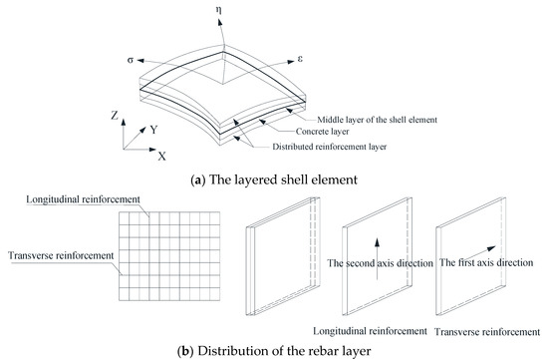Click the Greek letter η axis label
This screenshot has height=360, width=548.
pyautogui.click(x=219, y=11)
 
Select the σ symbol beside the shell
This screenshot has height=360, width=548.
pyautogui.click(x=131, y=60)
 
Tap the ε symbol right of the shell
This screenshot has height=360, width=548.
pyautogui.click(x=300, y=59)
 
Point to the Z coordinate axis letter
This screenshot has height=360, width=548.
pyautogui.click(x=115, y=115)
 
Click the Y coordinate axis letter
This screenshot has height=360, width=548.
pyautogui.click(x=154, y=130)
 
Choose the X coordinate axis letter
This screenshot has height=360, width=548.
pyautogui.click(x=161, y=156)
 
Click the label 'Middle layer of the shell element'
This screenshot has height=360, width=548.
pyautogui.click(x=377, y=120)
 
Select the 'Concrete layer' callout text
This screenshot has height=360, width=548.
pyautogui.click(x=322, y=132)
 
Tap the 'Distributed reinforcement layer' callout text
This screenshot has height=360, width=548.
pyautogui.click(x=330, y=147)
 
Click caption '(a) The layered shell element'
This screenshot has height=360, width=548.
pyautogui.click(x=274, y=180)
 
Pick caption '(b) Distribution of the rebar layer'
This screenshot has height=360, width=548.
pyautogui.click(x=274, y=351)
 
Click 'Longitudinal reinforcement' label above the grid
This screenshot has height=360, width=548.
pyautogui.click(x=83, y=199)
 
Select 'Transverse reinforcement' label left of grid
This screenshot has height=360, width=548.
pyautogui.click(x=61, y=255)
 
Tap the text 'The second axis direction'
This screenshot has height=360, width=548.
pyautogui.click(x=381, y=263)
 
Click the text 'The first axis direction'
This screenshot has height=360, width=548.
pyautogui.click(x=486, y=262)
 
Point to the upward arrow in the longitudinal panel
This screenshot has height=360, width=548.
pyautogui.click(x=377, y=259)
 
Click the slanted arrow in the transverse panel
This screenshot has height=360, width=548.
pyautogui.click(x=482, y=252)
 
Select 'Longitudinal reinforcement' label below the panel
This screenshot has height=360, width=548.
pyautogui.click(x=370, y=331)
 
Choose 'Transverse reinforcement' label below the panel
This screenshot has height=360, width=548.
pyautogui.click(x=487, y=332)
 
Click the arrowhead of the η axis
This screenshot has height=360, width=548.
pyautogui.click(x=220, y=22)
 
